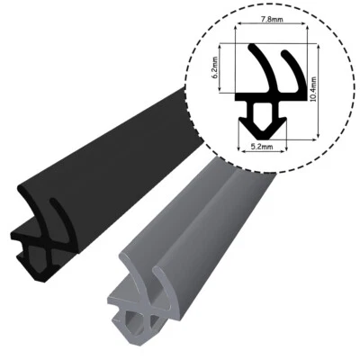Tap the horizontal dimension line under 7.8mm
click(x=271, y=26)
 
